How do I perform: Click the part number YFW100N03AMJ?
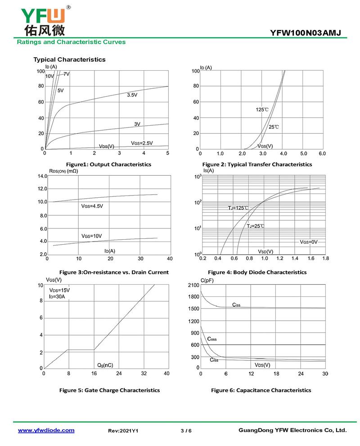click(x=306, y=33)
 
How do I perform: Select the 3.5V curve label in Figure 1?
click(x=132, y=95)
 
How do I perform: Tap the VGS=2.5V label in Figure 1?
click(x=142, y=143)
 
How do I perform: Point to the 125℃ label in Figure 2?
click(x=262, y=109)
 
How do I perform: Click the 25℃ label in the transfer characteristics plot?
click(x=274, y=127)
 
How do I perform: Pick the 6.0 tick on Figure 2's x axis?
click(x=322, y=154)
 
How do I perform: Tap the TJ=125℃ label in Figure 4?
click(x=238, y=208)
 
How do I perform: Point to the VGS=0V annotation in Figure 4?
click(x=309, y=242)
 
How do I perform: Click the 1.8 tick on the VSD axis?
click(x=325, y=259)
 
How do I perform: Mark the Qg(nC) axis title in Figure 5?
click(x=105, y=364)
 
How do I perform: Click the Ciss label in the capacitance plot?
click(x=236, y=305)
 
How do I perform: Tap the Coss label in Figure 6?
click(x=212, y=339)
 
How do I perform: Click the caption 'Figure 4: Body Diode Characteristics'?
click(x=257, y=272)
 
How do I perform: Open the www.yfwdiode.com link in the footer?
click(x=46, y=430)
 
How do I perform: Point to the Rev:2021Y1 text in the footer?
click(x=123, y=431)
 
